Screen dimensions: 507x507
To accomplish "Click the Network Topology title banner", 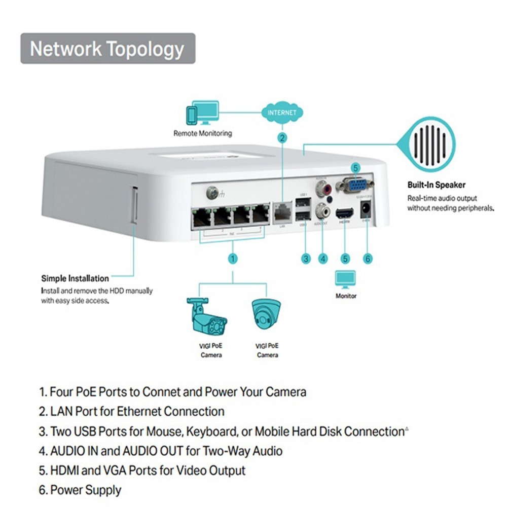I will pos(107,49).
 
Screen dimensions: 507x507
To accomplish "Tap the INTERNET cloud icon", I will pos(282,112).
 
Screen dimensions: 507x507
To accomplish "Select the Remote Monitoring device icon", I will pos(203,113).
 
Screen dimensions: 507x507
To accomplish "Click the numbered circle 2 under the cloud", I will pos(282,137).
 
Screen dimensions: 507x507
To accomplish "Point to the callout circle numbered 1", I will pos(233,259).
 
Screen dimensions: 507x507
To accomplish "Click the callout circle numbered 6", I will pos(369,259).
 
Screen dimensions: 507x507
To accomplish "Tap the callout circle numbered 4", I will pos(323,259).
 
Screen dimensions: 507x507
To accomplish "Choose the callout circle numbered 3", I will pos(306,259).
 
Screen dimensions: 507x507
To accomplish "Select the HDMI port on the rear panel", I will pos(345,213).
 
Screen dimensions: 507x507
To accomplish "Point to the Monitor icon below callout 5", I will pos(346,279).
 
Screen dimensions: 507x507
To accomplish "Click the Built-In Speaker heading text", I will pos(436,185).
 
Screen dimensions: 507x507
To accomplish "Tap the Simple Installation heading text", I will pos(75,278).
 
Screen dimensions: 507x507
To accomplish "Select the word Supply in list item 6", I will pos(103,490).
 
